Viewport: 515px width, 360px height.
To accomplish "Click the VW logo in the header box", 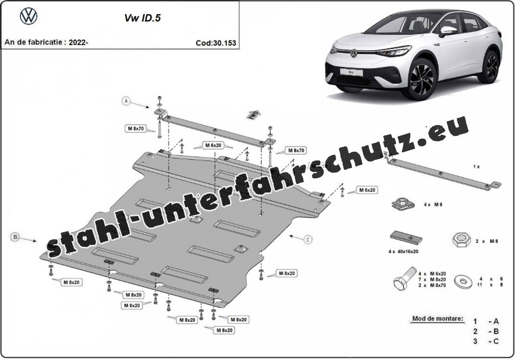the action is pyautogui.click(x=29, y=17).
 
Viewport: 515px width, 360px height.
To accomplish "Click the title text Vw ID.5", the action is pyautogui.click(x=142, y=18).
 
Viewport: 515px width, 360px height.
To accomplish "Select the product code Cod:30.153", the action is pyautogui.click(x=216, y=43).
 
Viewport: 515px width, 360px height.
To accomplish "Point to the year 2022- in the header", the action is pyautogui.click(x=79, y=43).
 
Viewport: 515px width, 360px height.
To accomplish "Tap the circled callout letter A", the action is pyautogui.click(x=126, y=101).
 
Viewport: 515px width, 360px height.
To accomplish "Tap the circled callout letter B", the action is pyautogui.click(x=15, y=237).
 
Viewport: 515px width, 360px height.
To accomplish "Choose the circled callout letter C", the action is pyautogui.click(x=308, y=240).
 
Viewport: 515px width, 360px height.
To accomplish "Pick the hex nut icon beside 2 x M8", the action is pyautogui.click(x=462, y=241).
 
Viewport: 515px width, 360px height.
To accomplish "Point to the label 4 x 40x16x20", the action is pyautogui.click(x=403, y=252).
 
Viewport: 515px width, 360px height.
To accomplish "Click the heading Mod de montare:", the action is pyautogui.click(x=438, y=318).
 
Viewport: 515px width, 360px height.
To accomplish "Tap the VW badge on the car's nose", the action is pyautogui.click(x=354, y=53).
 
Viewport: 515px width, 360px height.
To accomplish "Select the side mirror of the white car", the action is pyautogui.click(x=448, y=30).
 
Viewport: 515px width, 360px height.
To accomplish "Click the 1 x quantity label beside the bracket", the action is pyautogui.click(x=476, y=167).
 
